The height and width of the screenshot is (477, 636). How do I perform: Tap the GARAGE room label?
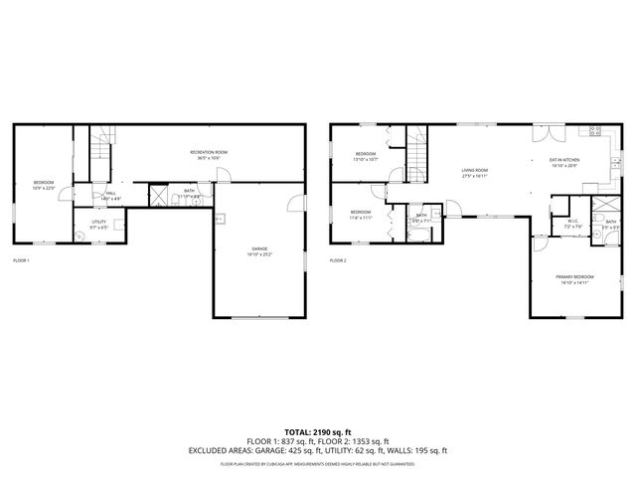[x=258, y=251]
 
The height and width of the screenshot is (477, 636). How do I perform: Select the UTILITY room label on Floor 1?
[x=98, y=224]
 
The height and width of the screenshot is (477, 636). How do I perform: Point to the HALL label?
[x=110, y=196]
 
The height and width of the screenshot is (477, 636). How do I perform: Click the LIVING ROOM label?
[x=474, y=172]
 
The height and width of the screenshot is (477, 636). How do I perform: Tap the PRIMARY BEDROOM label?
[x=574, y=278]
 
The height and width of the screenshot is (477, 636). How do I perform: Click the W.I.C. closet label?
[x=572, y=224]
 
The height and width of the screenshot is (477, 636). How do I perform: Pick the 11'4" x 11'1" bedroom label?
[x=360, y=214]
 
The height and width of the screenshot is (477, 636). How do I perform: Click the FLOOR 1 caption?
[x=21, y=260]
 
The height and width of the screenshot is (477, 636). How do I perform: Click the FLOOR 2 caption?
[x=338, y=260]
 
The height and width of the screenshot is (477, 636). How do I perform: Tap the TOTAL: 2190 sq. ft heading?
[x=318, y=432]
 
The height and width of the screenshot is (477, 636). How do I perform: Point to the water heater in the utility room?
[x=79, y=237]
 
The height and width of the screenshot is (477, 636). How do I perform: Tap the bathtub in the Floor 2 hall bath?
[x=421, y=234]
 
